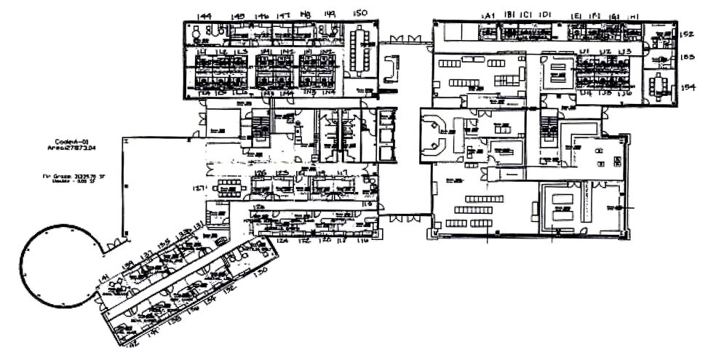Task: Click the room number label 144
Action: (x=204, y=15)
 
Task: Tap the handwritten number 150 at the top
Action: (x=359, y=13)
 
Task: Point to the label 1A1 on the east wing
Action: (x=488, y=15)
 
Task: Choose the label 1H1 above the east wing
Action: (x=633, y=15)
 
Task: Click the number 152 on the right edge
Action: (x=687, y=33)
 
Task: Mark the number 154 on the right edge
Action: (x=688, y=87)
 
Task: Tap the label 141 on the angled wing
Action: (x=104, y=277)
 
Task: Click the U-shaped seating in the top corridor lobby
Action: (x=393, y=67)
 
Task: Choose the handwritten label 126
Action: (x=260, y=173)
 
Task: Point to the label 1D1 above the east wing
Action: (x=546, y=15)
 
